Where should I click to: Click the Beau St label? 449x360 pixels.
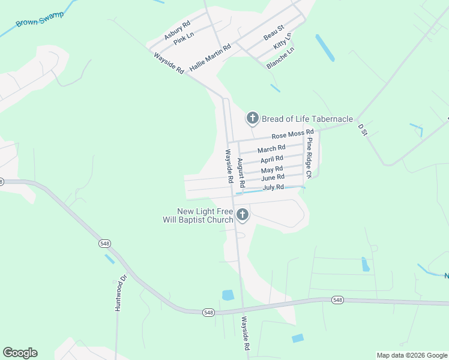(273, 32)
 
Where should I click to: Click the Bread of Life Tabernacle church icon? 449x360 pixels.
(253, 119)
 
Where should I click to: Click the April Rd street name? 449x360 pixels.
(272, 160)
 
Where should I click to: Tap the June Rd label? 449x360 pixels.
(273, 178)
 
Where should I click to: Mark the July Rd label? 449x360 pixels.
(273, 188)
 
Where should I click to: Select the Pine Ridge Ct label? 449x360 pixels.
(309, 158)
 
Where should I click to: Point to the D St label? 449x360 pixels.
(361, 129)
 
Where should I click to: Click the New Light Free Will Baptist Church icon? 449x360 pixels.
(242, 214)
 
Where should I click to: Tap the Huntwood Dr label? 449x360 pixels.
(118, 293)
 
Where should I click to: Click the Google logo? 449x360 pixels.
(20, 353)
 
